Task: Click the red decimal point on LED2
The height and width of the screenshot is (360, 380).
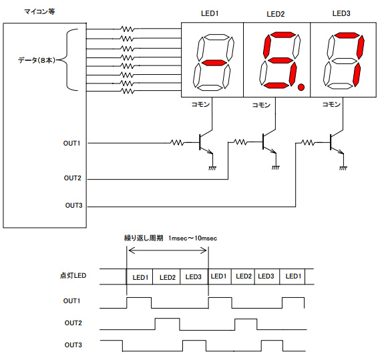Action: (301, 87)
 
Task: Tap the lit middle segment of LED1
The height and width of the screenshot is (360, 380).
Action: (214, 63)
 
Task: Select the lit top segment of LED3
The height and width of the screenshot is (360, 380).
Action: (347, 35)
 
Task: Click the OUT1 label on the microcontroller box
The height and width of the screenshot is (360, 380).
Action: (71, 144)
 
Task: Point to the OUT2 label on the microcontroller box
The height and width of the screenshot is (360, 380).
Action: (73, 178)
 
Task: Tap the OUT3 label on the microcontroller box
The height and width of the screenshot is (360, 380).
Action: (73, 206)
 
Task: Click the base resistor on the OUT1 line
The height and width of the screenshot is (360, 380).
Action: (178, 142)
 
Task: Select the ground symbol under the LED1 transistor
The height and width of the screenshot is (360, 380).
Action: (212, 168)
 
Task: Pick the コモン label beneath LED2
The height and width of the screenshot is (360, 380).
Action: (261, 105)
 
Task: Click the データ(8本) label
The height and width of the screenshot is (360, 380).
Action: (37, 60)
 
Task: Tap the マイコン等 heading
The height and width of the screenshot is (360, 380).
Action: (39, 11)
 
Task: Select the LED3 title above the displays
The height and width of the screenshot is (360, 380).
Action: (341, 13)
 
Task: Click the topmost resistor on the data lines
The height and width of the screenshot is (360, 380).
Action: (128, 29)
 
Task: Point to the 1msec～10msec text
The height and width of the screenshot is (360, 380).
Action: (192, 238)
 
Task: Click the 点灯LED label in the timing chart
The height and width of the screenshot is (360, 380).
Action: (73, 276)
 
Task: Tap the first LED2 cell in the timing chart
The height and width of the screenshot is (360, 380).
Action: (166, 277)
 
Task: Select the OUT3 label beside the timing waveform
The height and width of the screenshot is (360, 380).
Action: (73, 345)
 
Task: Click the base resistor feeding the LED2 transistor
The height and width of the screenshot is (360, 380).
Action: (240, 142)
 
